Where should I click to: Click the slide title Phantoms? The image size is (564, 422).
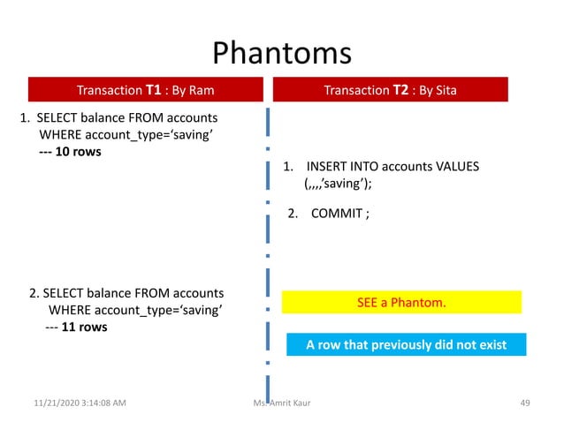point(282,52)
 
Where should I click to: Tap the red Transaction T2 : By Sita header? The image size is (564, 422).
point(390,90)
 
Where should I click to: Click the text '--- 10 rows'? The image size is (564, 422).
point(70,151)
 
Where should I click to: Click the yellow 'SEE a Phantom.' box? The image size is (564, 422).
point(401,303)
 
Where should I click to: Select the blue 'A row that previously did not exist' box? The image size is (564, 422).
point(406,344)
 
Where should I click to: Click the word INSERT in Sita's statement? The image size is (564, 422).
point(327,167)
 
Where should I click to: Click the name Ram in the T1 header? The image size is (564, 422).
point(202,90)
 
